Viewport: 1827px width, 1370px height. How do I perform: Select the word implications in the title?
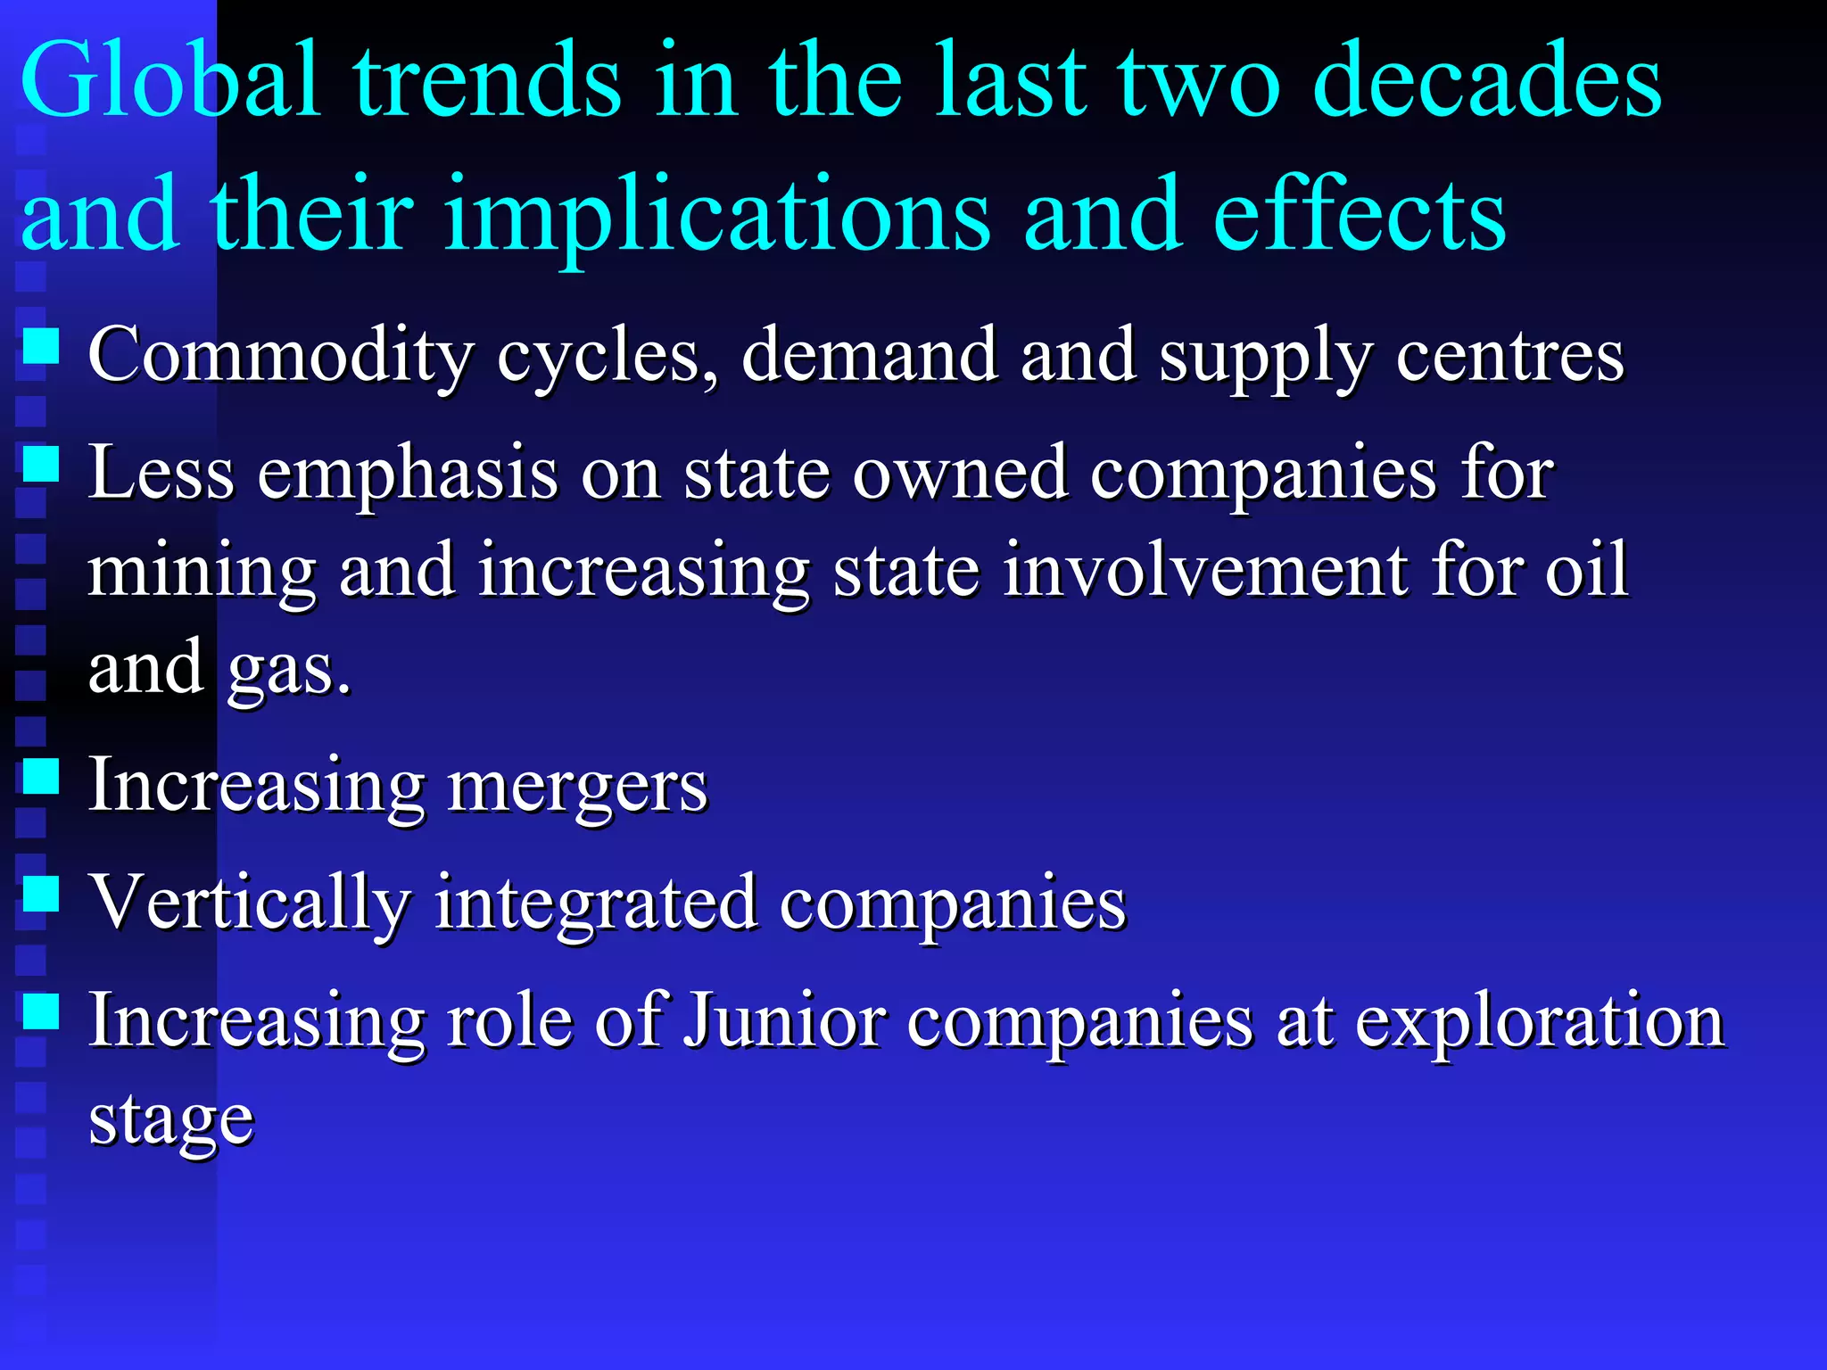tap(716, 216)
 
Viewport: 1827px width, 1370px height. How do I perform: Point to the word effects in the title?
tap(1360, 216)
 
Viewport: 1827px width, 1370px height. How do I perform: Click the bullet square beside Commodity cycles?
tap(41, 346)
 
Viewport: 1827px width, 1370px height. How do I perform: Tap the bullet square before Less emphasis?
tap(41, 464)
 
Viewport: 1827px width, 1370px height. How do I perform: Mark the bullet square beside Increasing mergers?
tap(41, 776)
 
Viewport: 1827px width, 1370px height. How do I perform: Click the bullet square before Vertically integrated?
tap(41, 893)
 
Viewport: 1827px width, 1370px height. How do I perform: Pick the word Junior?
tap(784, 1020)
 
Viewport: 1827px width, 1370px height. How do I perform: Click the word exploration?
tap(1540, 1022)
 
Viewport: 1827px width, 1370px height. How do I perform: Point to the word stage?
tap(171, 1120)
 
